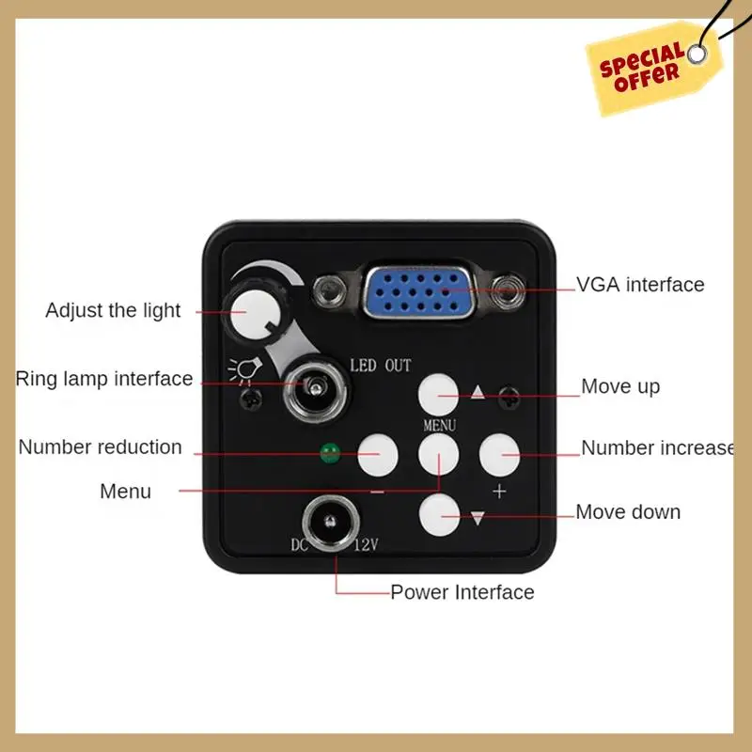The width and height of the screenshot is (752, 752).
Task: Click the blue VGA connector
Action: (418, 292)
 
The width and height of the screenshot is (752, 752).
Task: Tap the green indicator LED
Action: (330, 453)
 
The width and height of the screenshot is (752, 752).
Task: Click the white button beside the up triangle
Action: (438, 395)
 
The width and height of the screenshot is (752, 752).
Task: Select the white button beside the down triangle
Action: (439, 515)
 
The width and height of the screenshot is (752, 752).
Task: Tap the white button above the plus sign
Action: (499, 455)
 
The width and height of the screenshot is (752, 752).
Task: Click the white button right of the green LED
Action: (378, 455)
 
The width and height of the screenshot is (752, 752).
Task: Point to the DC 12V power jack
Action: (331, 523)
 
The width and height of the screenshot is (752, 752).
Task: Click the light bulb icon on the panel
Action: (245, 370)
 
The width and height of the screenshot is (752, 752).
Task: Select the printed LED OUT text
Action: (381, 366)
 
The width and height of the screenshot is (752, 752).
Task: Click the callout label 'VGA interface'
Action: (640, 285)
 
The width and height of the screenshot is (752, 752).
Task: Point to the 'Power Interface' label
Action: (462, 592)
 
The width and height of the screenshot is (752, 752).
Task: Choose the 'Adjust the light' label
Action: (113, 310)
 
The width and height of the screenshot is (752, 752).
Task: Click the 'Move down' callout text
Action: (628, 511)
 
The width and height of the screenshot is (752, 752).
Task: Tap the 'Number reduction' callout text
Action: (101, 447)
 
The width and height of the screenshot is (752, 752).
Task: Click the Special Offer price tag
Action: (654, 67)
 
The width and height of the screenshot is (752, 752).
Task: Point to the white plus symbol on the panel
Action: (499, 491)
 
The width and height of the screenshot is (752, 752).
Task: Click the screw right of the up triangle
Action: (509, 398)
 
